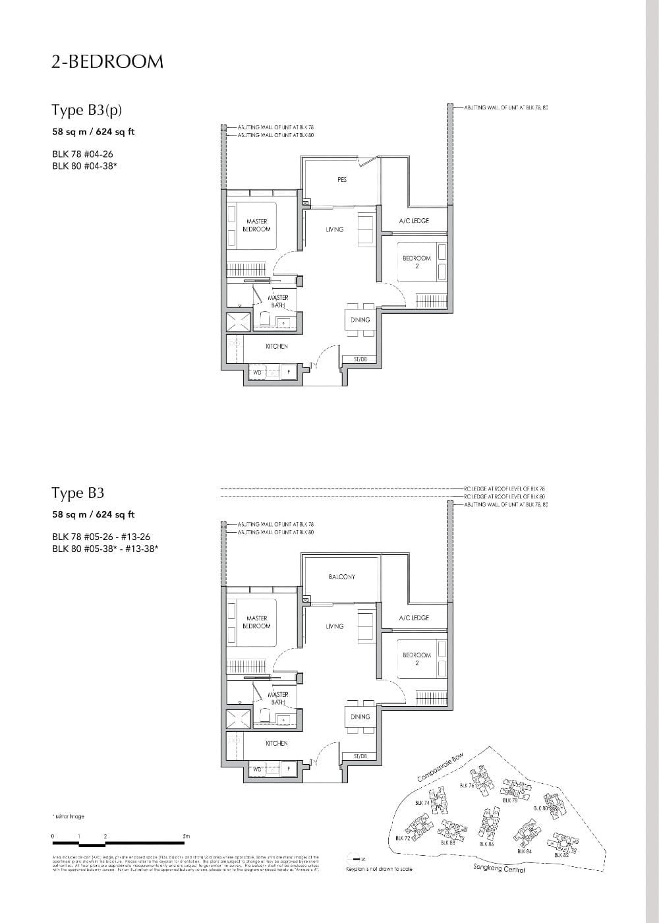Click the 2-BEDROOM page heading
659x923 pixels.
tap(107, 61)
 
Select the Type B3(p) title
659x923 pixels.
tap(87, 109)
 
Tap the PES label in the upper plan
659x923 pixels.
tap(341, 180)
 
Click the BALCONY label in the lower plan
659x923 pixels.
tap(341, 577)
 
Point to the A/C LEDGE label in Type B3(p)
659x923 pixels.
tap(413, 221)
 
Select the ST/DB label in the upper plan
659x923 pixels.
tap(360, 359)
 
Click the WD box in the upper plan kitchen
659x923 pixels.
tap(257, 372)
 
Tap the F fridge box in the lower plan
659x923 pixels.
tap(288, 769)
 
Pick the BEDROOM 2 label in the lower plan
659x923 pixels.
tap(416, 659)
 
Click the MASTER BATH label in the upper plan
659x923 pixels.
tap(277, 301)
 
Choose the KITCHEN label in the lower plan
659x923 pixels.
tap(276, 743)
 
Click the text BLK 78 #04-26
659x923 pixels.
tap(82, 154)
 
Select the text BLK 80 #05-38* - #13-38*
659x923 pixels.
tap(105, 548)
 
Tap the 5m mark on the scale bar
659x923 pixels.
tap(186, 836)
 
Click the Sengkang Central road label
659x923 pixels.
tap(499, 870)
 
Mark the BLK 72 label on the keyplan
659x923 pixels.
tap(403, 838)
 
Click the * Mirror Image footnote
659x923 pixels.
tap(68, 816)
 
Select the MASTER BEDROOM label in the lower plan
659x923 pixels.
tap(256, 622)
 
